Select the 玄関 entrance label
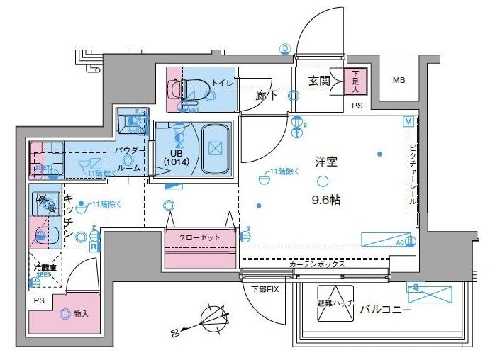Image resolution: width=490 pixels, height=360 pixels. tap(319, 81)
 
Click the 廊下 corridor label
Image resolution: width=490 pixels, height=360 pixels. tap(266, 95)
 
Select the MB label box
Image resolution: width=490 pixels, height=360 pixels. tap(401, 81)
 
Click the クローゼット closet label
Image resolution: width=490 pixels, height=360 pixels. tap(199, 237)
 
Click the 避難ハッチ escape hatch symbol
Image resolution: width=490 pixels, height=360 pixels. tap(335, 300)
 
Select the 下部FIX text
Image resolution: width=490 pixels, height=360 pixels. tap(265, 288)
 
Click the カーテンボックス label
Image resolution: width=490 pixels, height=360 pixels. tap(317, 264)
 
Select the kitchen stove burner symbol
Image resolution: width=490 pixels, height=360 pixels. tap(46, 205)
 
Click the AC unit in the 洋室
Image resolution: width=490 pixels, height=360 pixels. tap(386, 240)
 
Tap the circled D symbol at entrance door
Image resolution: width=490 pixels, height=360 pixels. tap(286, 49)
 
